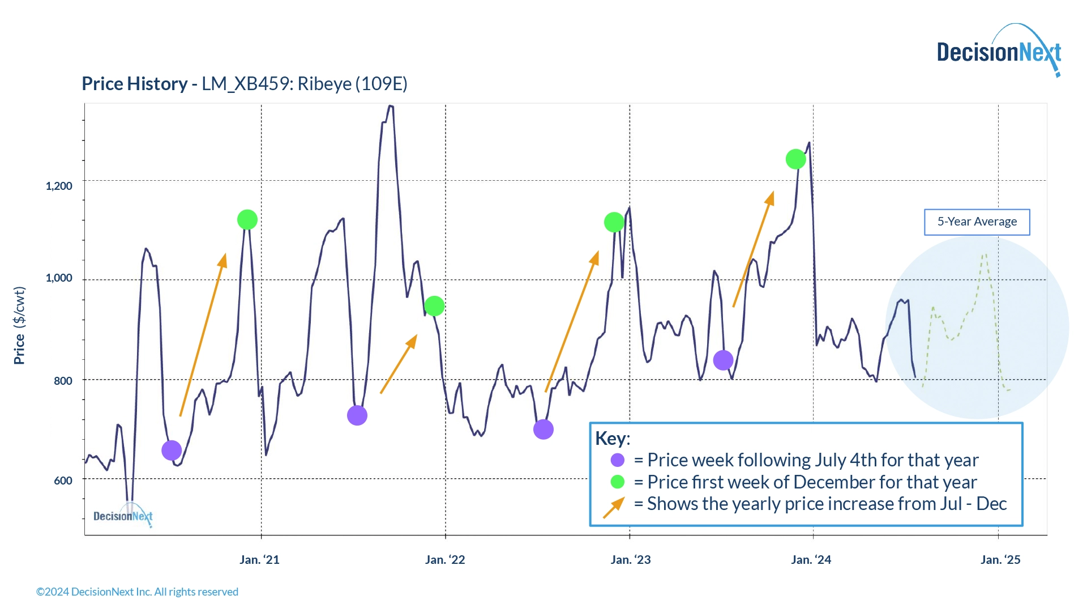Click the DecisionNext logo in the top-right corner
999,52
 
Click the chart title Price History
134,84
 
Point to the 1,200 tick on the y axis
59,186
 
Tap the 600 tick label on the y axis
63,481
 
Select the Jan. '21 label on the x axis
259,560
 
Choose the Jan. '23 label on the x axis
630,560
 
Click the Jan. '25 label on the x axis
1000,560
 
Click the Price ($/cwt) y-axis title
19,326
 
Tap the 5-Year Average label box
977,222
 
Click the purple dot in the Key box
618,460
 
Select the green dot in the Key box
618,482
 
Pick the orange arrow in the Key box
614,507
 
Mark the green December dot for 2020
247,219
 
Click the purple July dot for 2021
357,415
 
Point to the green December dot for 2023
795,159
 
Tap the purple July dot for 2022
543,430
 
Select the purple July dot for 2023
723,360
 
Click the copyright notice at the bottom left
137,592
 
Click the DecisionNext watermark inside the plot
123,516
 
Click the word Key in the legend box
611,439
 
